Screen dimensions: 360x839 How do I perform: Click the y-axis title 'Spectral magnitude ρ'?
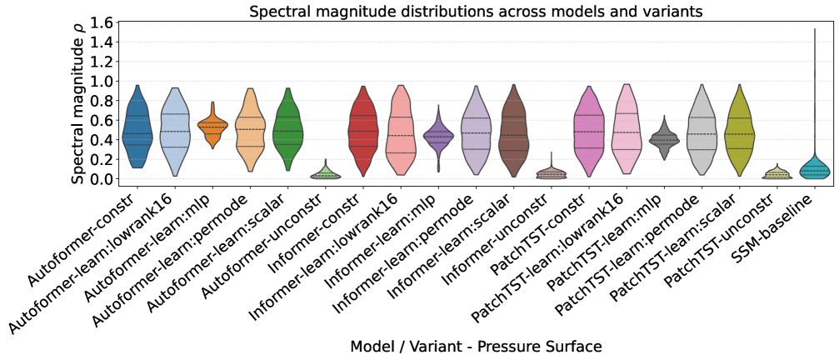pos(77,102)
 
